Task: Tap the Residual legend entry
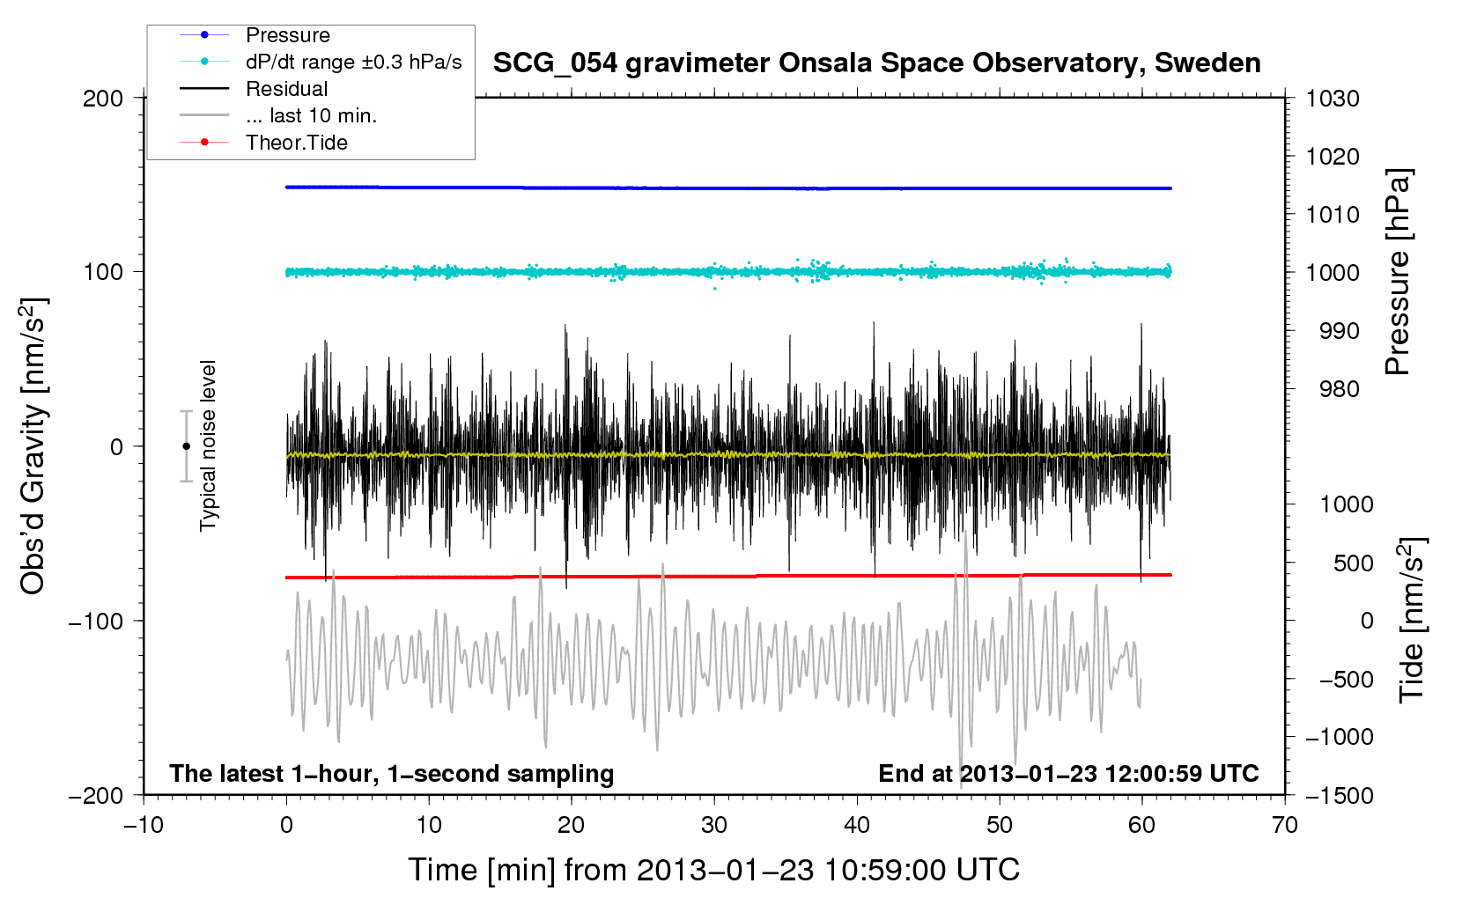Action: pyautogui.click(x=286, y=89)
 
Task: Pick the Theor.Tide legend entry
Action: pyautogui.click(x=296, y=143)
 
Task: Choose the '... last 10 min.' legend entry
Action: pyautogui.click(x=311, y=115)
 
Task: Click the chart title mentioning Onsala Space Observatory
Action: pyautogui.click(x=876, y=63)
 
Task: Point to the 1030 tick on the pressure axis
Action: pyautogui.click(x=1332, y=99)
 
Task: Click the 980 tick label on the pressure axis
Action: pyautogui.click(x=1339, y=389)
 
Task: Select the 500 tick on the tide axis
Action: pyautogui.click(x=1353, y=563)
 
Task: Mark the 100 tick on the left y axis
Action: pyautogui.click(x=103, y=272)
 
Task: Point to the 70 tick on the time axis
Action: pyautogui.click(x=1285, y=825)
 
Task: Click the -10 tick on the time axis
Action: pyautogui.click(x=144, y=825)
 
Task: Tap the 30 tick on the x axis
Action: pyautogui.click(x=714, y=825)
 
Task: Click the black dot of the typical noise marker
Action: pyautogui.click(x=186, y=446)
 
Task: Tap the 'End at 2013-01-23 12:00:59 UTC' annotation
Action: pyautogui.click(x=1068, y=774)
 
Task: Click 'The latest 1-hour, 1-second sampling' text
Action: pyautogui.click(x=392, y=774)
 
